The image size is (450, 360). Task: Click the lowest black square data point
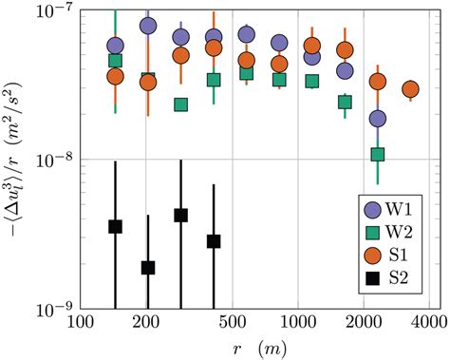pos(148,268)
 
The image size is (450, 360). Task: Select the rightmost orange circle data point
pos(411,89)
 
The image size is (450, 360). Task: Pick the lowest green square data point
pos(378,154)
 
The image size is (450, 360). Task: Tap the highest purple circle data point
pos(148,26)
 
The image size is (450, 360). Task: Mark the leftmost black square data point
pos(115,226)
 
